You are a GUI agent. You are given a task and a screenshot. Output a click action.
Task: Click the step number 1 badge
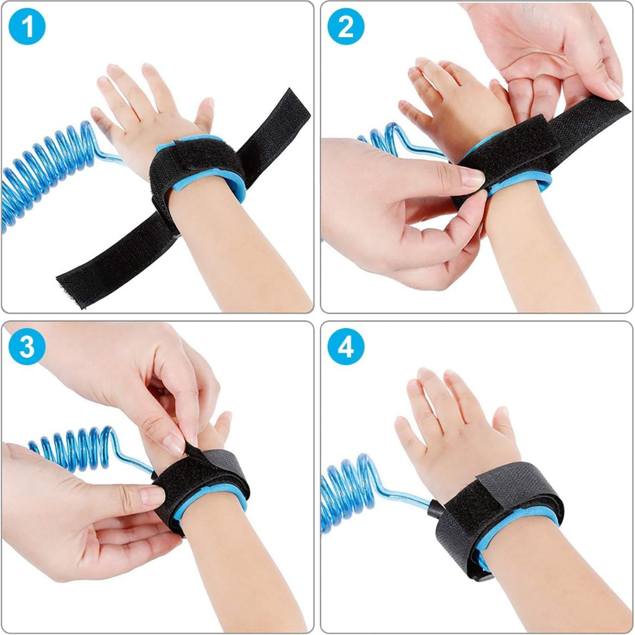tap(26, 26)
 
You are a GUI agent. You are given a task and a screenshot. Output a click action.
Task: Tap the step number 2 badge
tap(346, 26)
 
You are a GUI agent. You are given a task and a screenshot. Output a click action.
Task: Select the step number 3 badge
tap(26, 347)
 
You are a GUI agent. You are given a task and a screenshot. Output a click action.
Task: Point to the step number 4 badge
tap(346, 347)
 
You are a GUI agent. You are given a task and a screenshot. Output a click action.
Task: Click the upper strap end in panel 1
tap(275, 133)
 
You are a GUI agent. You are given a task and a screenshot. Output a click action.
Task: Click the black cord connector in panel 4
tap(436, 509)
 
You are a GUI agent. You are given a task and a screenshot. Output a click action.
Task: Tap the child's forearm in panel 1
tap(239, 251)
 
